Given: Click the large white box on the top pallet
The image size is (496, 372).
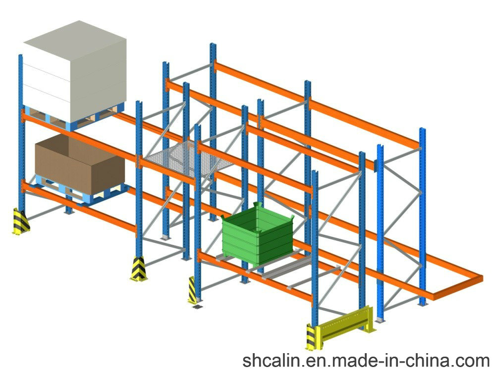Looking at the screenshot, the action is [75, 71].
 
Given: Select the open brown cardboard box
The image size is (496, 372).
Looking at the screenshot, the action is [80, 164].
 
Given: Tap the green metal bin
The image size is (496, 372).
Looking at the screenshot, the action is [258, 234].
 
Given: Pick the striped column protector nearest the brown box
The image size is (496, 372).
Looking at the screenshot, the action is [21, 221].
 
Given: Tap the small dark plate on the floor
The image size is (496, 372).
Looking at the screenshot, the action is [197, 307].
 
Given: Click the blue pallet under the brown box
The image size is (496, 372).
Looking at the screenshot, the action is [83, 191].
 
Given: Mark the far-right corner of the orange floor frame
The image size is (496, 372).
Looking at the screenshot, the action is [483, 278].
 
